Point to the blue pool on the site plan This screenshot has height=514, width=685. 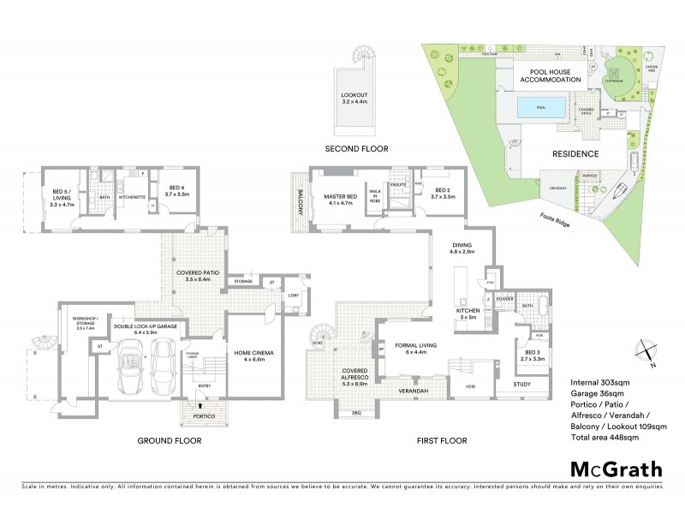click(541, 108)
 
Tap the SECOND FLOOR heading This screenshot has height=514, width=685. click(356, 149)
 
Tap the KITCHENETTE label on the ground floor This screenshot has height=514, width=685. click(133, 197)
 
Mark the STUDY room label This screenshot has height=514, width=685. click(522, 385)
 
